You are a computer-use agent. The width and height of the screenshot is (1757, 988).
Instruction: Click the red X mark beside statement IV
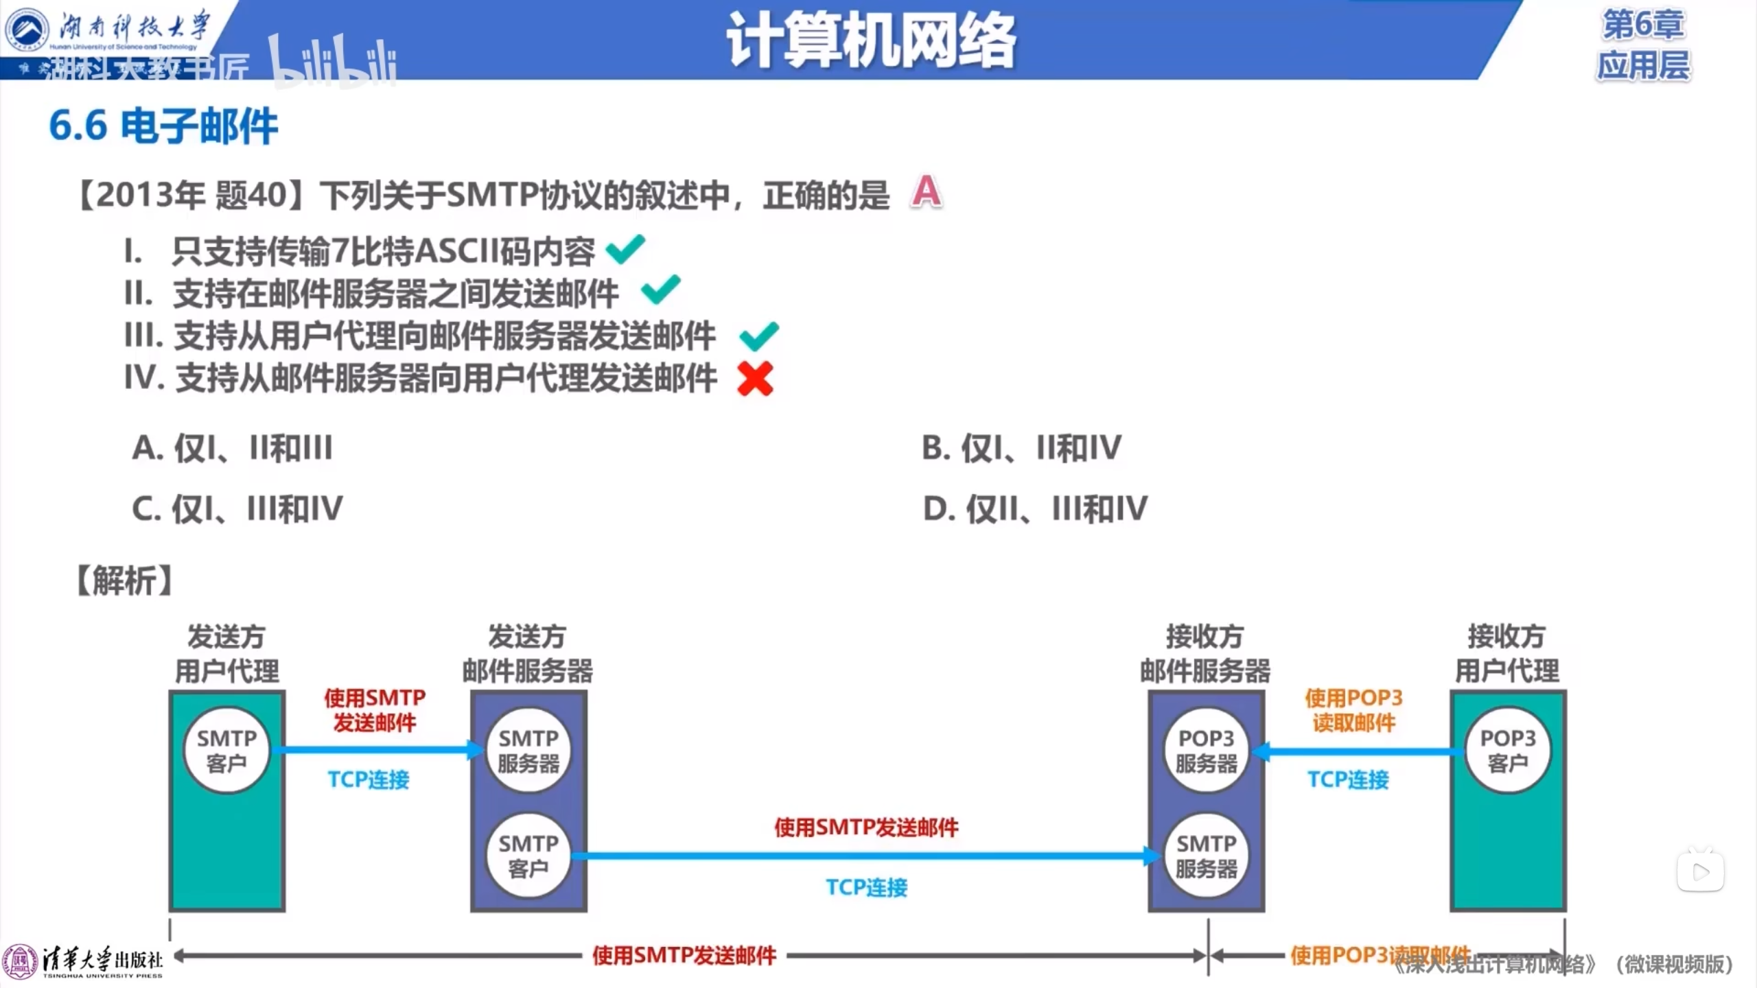point(755,379)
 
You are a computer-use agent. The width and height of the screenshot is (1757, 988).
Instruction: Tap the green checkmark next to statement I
point(625,249)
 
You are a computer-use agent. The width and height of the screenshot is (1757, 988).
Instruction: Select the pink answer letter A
point(927,191)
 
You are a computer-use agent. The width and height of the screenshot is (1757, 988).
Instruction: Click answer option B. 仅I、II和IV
point(1021,448)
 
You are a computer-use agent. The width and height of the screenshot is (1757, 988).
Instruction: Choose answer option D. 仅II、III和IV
point(1035,509)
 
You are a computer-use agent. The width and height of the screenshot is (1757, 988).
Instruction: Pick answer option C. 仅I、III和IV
point(237,509)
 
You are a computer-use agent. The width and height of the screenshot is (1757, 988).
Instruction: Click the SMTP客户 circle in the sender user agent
point(226,751)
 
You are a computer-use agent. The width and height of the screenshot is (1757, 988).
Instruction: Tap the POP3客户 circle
point(1507,751)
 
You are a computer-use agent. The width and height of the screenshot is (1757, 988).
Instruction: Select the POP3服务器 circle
point(1206,751)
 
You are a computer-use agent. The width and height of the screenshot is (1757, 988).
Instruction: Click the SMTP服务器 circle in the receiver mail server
point(1206,856)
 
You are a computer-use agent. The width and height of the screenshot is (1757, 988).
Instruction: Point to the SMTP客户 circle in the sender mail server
point(528,856)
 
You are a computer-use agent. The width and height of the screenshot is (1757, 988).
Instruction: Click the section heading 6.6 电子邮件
point(163,126)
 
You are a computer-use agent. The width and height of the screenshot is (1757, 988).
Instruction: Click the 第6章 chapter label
point(1643,25)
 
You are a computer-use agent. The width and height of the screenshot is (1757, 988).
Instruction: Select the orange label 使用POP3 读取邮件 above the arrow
point(1353,710)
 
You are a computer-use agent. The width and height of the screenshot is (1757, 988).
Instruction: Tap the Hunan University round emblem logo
point(26,29)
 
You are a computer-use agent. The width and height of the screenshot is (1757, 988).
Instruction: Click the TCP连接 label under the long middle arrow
point(866,887)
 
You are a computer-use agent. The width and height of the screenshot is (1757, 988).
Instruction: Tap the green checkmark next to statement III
point(759,336)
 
